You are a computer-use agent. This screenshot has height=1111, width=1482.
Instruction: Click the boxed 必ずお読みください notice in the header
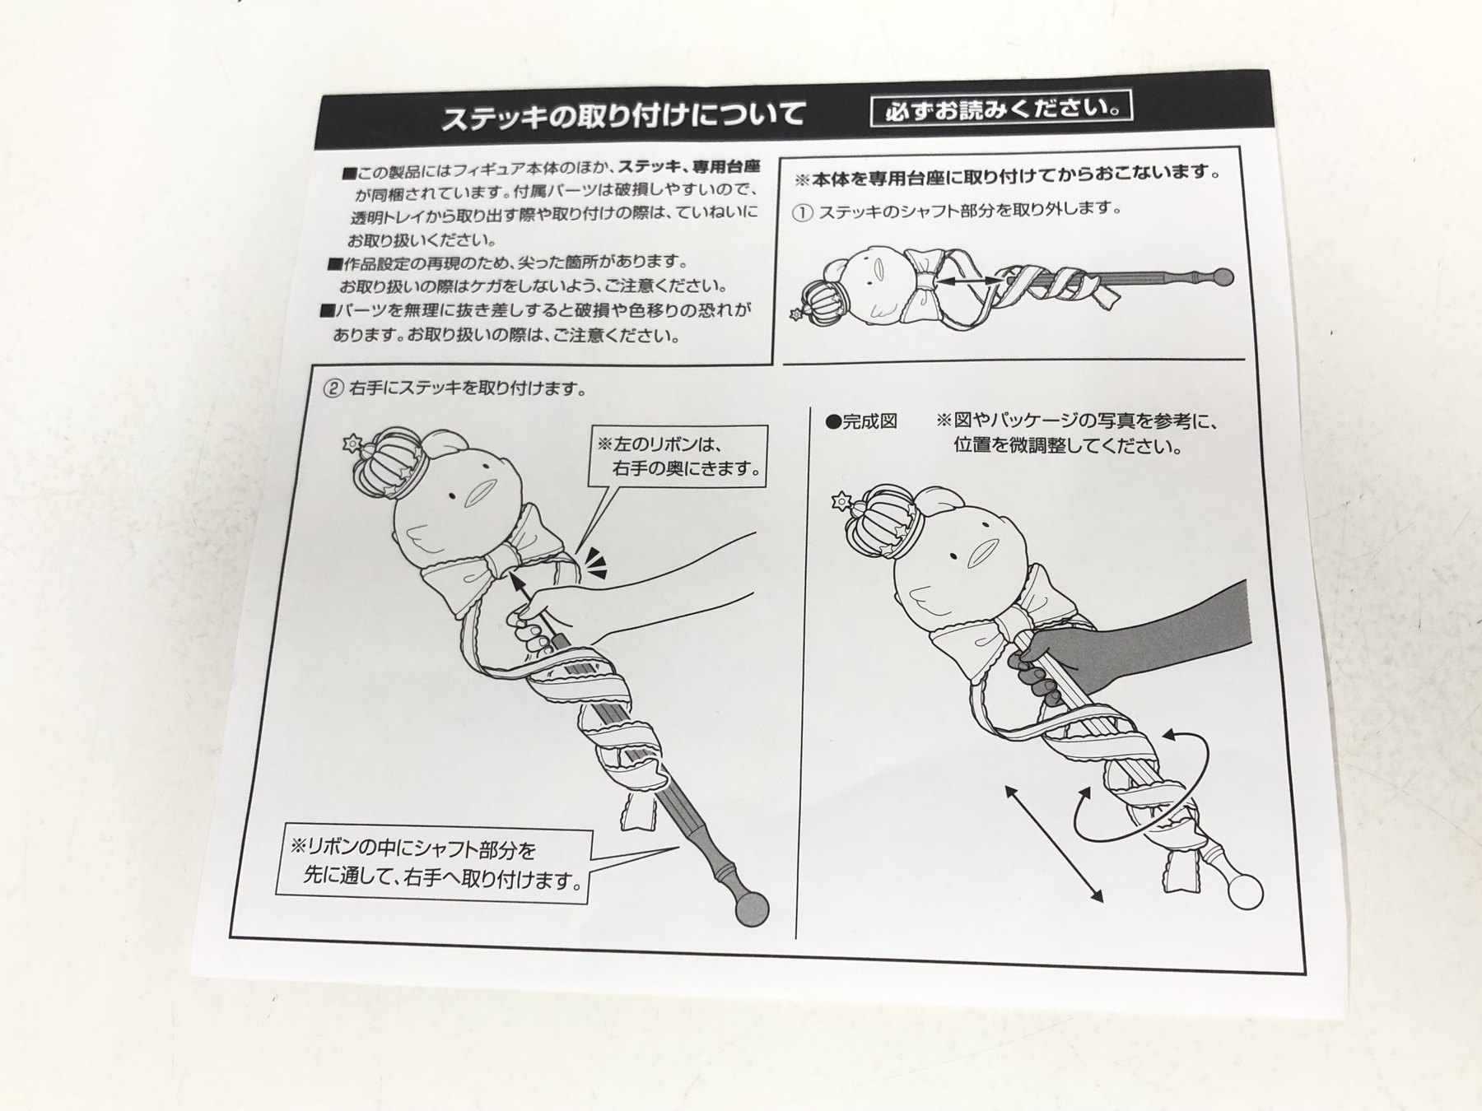pyautogui.click(x=1001, y=109)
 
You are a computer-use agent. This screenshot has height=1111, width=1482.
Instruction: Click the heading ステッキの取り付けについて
pyautogui.click(x=623, y=114)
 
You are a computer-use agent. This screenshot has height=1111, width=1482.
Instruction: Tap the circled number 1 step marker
pyautogui.click(x=802, y=212)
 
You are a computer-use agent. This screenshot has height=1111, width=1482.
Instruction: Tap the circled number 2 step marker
pyautogui.click(x=333, y=388)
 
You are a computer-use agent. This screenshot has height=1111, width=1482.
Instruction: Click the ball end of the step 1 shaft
pyautogui.click(x=1225, y=277)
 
